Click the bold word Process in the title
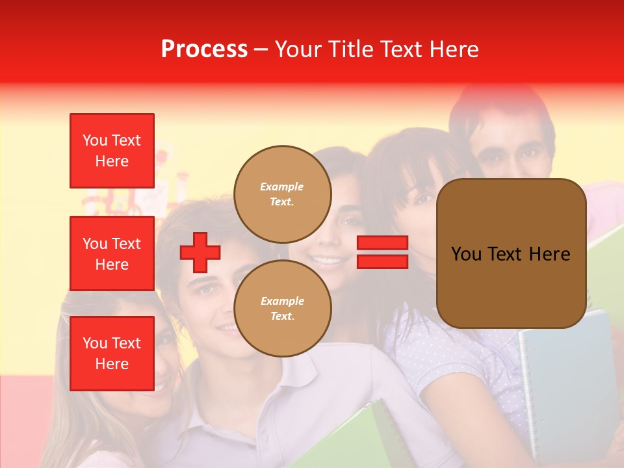204,49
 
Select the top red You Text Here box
112,151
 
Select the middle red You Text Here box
112,253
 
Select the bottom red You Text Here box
112,353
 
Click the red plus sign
200,252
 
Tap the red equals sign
382,252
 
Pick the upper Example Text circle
282,194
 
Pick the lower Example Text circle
282,308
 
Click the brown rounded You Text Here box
511,253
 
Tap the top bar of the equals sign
382,243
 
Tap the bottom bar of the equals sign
382,261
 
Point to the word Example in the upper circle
282,187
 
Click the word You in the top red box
95,140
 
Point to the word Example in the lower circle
282,301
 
